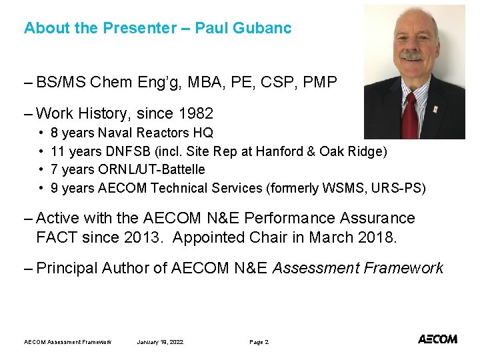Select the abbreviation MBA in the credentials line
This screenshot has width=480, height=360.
coord(215,83)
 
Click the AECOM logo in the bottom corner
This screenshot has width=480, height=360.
coord(437,339)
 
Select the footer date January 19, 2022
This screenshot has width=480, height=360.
coord(160,342)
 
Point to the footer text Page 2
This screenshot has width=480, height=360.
coord(259,342)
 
